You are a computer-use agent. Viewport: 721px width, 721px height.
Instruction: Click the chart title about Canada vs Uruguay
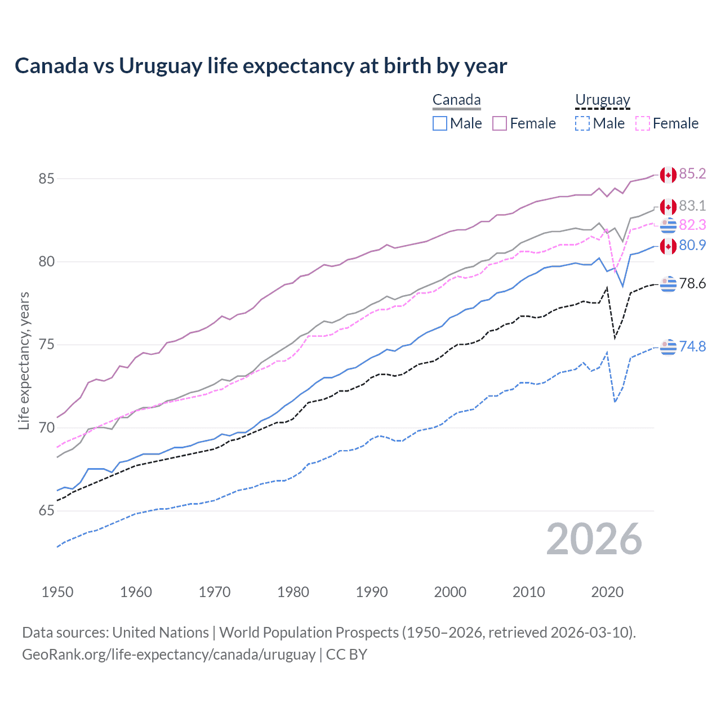coord(261,66)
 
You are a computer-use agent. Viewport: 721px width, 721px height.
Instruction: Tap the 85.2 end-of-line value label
coord(692,173)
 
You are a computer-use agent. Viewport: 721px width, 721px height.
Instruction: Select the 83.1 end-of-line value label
coord(692,206)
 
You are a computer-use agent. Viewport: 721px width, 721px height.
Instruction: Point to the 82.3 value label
coord(692,225)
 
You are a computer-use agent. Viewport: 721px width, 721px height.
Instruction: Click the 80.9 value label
coord(692,245)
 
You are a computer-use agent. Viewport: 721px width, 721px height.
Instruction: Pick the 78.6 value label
coord(692,283)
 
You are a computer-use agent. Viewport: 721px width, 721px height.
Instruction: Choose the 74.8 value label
coord(692,346)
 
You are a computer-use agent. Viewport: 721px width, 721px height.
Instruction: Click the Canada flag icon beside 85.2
coord(668,175)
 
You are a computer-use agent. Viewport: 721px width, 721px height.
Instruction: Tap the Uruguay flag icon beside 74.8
coord(668,347)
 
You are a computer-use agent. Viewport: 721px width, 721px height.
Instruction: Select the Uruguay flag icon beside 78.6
coord(668,284)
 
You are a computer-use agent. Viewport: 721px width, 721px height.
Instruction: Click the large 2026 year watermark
coord(594,539)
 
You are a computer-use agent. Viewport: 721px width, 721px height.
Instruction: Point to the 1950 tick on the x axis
coord(57,592)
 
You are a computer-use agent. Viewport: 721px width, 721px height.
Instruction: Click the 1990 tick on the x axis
coord(372,592)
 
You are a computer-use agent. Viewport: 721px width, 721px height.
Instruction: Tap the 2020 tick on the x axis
coord(607,592)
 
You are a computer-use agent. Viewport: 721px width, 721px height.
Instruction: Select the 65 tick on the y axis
coord(46,511)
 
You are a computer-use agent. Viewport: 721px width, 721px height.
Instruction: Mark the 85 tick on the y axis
coord(46,179)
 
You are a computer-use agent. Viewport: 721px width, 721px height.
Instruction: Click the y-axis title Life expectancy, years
coord(24,360)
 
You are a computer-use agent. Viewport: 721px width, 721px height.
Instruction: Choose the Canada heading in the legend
coord(456,100)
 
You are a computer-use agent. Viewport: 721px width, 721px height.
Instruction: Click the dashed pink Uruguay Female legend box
coord(642,123)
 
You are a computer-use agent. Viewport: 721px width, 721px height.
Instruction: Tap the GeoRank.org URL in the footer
coord(168,655)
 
